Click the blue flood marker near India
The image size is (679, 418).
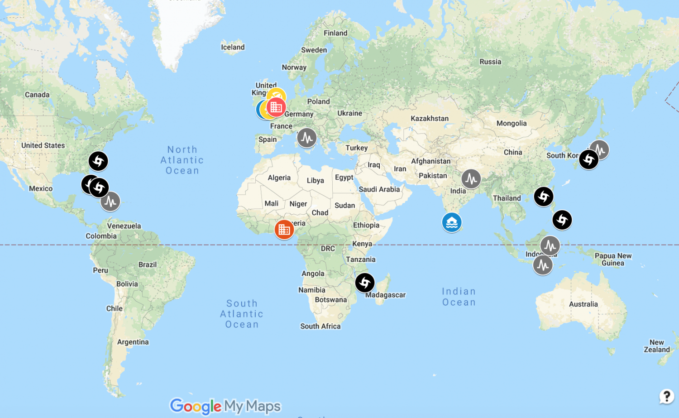point(452,222)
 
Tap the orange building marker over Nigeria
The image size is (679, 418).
point(284,230)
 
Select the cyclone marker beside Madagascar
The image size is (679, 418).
point(365,283)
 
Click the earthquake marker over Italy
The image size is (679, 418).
point(307,138)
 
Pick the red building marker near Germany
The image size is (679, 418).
point(276,107)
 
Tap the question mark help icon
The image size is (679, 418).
point(666,396)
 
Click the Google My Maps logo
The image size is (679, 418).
point(225,406)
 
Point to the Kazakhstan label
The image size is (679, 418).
point(430,119)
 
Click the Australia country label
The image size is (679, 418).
point(583,304)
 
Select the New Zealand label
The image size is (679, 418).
point(657,346)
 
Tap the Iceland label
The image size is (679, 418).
point(233,47)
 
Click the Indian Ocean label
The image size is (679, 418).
point(459,297)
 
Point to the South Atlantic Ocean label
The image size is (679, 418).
point(242,314)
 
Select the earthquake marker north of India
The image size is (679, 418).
point(471,179)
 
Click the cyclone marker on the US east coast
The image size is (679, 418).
point(98,161)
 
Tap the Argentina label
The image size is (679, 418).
point(133,342)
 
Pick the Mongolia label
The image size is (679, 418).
point(512,123)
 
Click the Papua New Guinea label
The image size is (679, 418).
point(613,259)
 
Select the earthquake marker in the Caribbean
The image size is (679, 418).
point(110,202)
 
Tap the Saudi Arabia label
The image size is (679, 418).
point(379,189)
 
